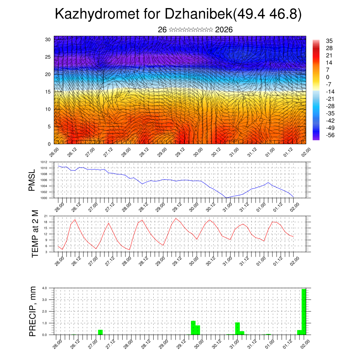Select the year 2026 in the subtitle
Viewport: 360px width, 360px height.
click(x=224, y=30)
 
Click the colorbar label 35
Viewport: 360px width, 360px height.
click(x=329, y=41)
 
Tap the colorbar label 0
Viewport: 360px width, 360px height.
click(x=328, y=77)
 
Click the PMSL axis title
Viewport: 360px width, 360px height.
click(x=32, y=180)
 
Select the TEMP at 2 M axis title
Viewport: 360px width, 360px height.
click(x=35, y=234)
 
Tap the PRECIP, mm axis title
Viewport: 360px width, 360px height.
click(x=33, y=311)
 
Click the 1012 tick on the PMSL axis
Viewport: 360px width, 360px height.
click(x=44, y=162)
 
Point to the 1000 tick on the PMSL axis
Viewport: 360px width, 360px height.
click(x=44, y=198)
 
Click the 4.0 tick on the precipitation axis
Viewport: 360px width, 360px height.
click(x=44, y=288)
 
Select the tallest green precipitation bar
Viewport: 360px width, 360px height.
click(x=304, y=311)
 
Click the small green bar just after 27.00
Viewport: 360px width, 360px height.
click(x=100, y=332)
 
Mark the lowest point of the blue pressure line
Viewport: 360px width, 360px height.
click(x=226, y=198)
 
